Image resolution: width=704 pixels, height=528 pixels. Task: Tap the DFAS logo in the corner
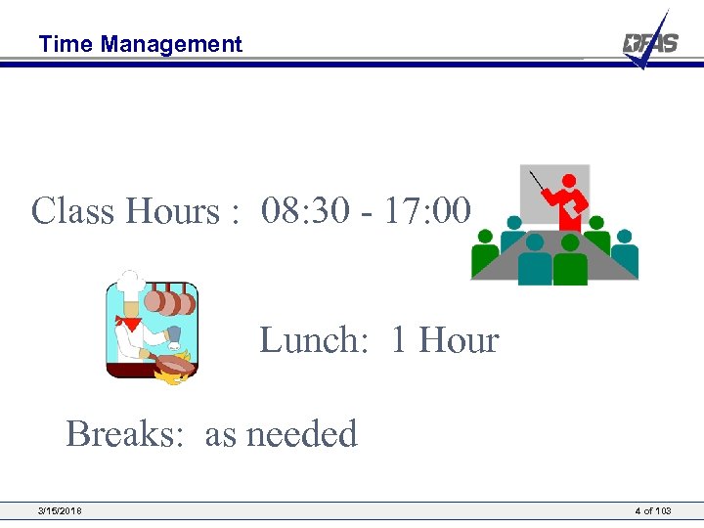(x=649, y=43)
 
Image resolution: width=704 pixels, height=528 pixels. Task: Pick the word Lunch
(x=313, y=340)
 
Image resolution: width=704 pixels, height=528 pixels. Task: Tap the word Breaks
(x=124, y=433)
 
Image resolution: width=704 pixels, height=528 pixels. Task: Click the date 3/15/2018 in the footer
(x=60, y=511)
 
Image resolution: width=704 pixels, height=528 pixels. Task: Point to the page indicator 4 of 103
(x=652, y=511)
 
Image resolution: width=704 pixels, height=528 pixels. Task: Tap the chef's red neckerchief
(x=128, y=322)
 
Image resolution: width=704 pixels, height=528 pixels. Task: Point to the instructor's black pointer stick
(x=540, y=183)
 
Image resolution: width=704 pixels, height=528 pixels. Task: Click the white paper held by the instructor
(x=578, y=202)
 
